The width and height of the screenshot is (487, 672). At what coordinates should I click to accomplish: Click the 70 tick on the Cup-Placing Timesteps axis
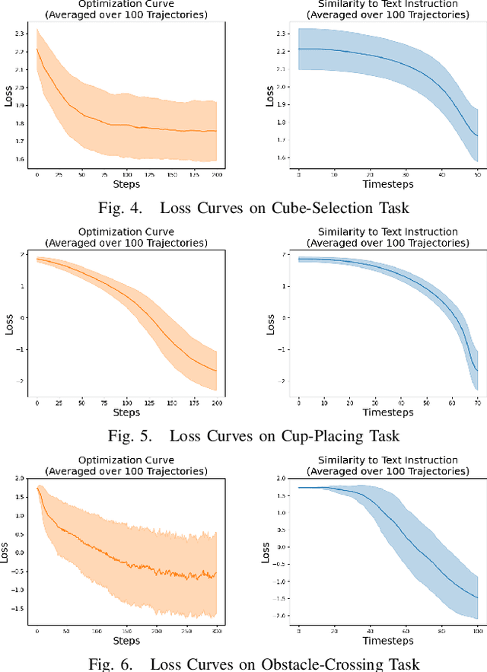476,401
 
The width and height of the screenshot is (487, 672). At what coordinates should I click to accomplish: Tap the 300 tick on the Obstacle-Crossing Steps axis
216,631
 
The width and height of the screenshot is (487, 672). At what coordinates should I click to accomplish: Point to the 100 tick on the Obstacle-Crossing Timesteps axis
476,631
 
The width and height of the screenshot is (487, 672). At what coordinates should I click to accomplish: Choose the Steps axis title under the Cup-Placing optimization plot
126,412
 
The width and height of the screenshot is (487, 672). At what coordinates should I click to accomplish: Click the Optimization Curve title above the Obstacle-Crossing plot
126,460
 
